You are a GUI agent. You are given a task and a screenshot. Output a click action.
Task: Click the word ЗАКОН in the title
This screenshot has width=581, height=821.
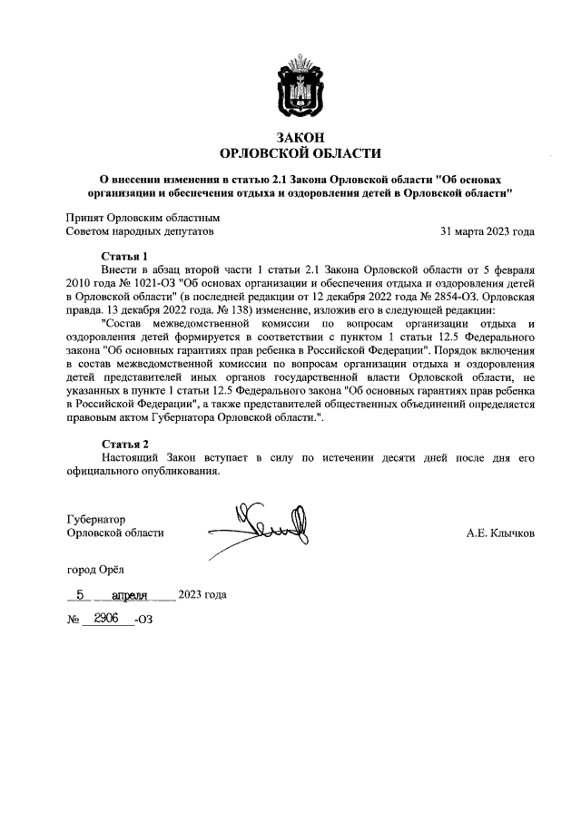tap(290, 137)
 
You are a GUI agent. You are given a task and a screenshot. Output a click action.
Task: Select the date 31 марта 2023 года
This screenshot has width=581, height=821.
tap(487, 231)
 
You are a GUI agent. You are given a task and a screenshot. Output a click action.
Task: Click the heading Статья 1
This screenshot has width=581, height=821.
tap(124, 257)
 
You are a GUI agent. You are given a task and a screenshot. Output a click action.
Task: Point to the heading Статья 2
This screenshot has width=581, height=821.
tap(124, 444)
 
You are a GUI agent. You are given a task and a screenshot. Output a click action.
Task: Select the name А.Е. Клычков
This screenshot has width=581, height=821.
tap(499, 533)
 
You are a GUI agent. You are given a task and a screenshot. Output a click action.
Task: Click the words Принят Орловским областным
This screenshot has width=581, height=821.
tap(143, 218)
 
